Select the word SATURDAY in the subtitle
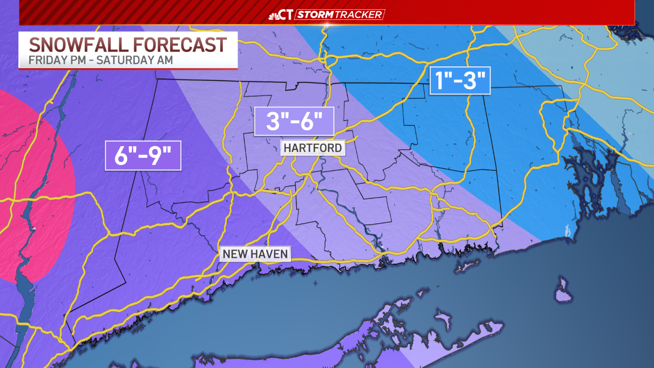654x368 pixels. pos(130,60)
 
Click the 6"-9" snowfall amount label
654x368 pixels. pos(143,155)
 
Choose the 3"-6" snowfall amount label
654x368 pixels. pos(294,121)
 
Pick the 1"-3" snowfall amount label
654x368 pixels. pos(460,80)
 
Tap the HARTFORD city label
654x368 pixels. pos(313,148)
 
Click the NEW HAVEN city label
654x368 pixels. pos(255,254)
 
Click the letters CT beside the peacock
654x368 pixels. pos(287,14)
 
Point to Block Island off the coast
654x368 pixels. pos(562,291)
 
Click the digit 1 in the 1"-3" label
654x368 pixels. pos(440,80)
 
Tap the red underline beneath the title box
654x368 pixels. pos(128,68)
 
